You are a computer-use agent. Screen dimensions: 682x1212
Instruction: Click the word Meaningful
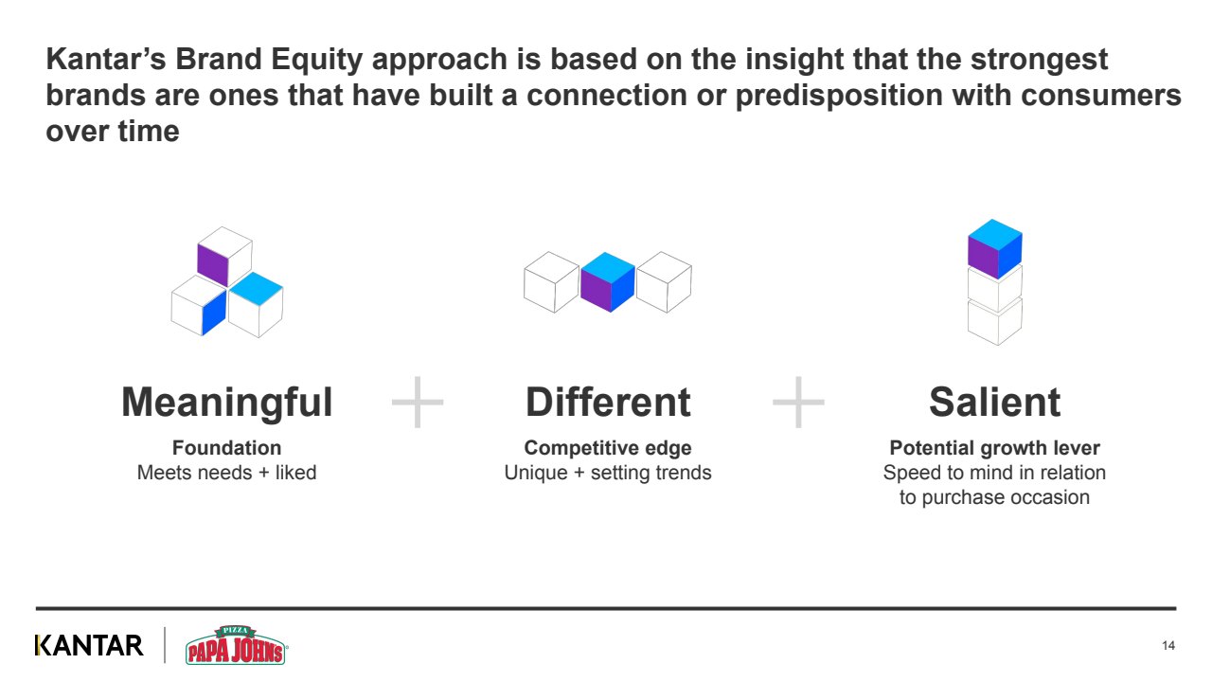point(227,403)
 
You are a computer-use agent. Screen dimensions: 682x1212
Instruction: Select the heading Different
point(608,403)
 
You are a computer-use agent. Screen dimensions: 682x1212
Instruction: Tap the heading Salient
point(994,403)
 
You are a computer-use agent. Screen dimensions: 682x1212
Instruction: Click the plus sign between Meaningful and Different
point(418,402)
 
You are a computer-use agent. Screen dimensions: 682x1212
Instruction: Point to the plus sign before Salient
point(798,402)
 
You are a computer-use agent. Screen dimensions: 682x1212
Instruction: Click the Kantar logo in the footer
point(89,646)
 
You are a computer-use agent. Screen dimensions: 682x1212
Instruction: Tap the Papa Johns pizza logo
point(236,646)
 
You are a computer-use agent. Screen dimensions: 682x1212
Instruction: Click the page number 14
point(1167,646)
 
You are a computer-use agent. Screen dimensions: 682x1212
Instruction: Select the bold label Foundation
point(226,448)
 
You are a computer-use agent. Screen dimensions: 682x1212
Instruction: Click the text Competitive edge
point(608,448)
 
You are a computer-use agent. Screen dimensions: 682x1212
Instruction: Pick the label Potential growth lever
point(994,448)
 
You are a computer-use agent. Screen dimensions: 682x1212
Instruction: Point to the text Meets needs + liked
point(226,472)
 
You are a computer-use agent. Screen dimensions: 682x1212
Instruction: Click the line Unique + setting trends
point(608,472)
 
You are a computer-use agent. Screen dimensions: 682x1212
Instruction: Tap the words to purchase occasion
point(994,497)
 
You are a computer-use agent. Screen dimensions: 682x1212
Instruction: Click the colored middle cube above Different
point(607,282)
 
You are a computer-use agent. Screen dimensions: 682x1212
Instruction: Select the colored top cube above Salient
point(994,249)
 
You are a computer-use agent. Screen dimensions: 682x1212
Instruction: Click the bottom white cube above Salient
point(994,322)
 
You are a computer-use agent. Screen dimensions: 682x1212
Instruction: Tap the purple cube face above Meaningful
point(212,264)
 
